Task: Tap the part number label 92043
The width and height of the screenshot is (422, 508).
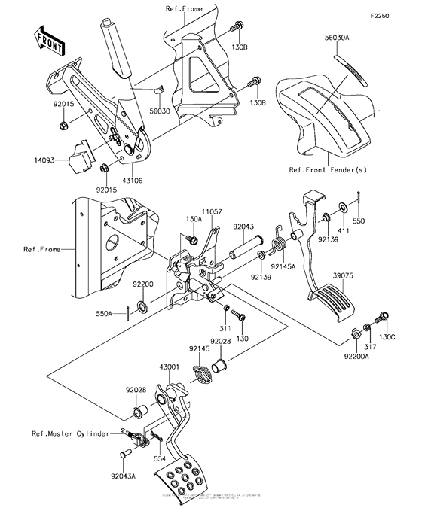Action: coord(244,225)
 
